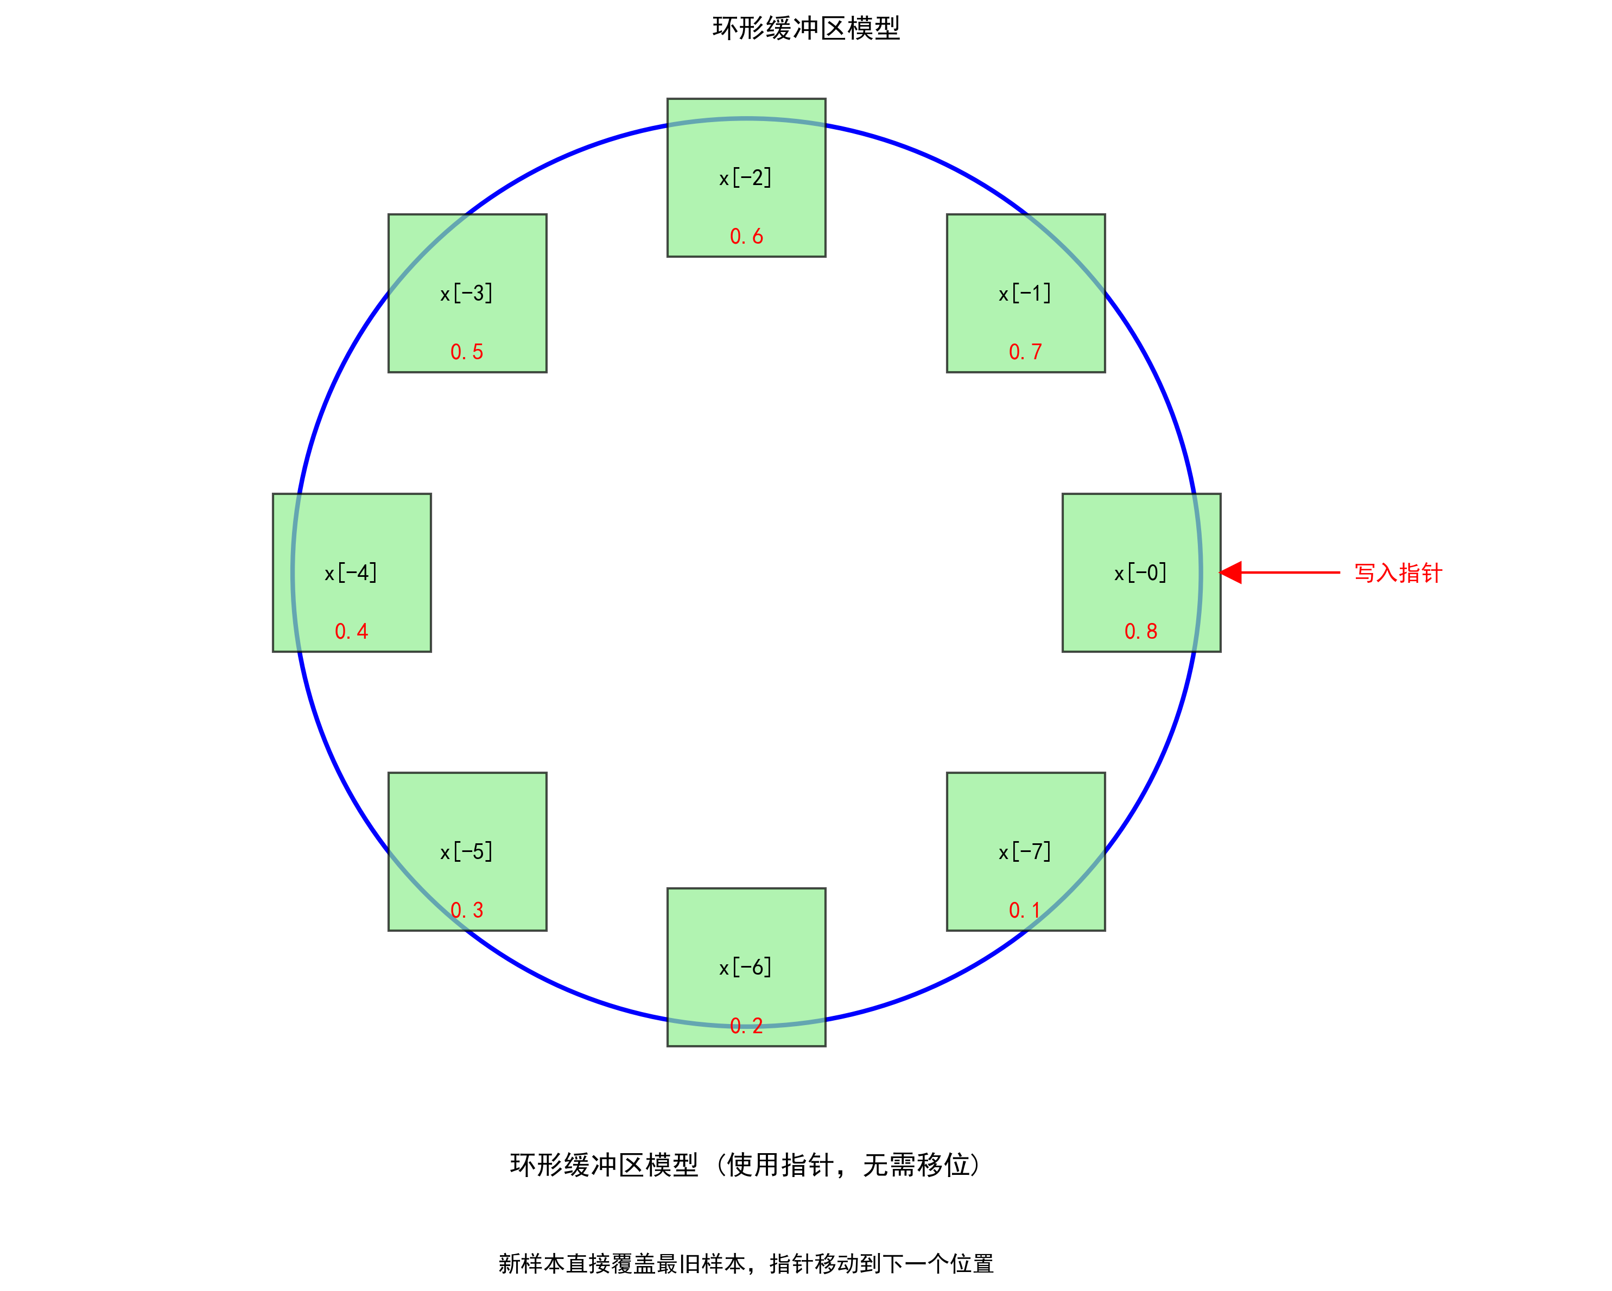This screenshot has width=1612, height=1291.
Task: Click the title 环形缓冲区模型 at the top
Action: tap(806, 28)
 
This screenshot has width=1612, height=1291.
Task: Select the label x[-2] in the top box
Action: tap(745, 178)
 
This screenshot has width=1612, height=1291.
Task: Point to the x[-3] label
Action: tap(467, 293)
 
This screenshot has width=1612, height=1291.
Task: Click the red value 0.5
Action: tap(467, 351)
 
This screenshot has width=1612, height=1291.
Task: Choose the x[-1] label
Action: tap(1025, 293)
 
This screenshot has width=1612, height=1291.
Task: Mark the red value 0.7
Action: tap(1025, 351)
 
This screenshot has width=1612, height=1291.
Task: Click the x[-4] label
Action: tap(351, 573)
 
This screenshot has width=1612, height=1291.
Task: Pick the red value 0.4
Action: tap(351, 631)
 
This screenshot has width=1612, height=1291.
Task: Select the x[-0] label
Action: tap(1140, 573)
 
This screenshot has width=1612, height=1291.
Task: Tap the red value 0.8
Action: tap(1141, 631)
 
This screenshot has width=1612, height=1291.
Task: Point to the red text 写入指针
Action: tap(1398, 573)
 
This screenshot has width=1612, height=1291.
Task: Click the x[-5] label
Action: tap(467, 851)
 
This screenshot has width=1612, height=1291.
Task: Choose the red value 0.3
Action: tap(467, 910)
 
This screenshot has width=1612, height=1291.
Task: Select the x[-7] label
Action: tap(1025, 851)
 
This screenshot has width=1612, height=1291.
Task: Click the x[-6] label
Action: tap(745, 968)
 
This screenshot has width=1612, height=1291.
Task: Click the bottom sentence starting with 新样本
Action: tap(745, 1263)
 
